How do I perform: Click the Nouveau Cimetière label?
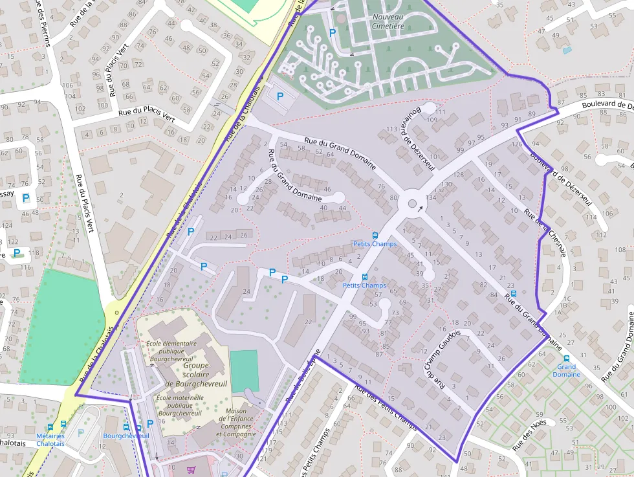[388, 21]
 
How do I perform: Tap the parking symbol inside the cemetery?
[333, 32]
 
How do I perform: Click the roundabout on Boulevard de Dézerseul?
[411, 204]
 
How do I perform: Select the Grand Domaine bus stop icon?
[567, 358]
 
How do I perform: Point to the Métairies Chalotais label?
[50, 439]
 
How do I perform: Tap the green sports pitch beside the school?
[245, 370]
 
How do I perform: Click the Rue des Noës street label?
[529, 435]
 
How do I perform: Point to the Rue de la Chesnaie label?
[546, 232]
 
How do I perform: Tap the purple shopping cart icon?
[191, 470]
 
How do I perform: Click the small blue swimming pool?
[567, 50]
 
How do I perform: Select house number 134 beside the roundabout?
[431, 197]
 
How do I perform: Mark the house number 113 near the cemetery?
[391, 129]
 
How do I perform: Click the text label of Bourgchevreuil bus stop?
[126, 436]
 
